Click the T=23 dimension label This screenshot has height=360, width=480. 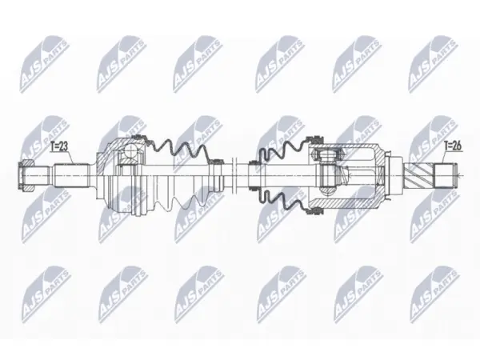click(58, 147)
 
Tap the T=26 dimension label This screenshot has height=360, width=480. click(453, 146)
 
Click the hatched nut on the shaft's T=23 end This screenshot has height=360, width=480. click(26, 175)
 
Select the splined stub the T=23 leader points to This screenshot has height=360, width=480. click(72, 175)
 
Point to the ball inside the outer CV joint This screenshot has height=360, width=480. click(130, 150)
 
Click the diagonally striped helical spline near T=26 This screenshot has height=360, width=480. click(419, 176)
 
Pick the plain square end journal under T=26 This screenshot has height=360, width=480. click(446, 176)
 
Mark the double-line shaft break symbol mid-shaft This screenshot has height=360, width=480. click(234, 175)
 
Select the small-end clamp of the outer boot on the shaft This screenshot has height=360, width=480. click(217, 176)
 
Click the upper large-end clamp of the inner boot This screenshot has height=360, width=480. click(315, 140)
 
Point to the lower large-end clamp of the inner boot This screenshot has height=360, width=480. click(315, 211)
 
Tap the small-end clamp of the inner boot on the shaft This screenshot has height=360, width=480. click(254, 175)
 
